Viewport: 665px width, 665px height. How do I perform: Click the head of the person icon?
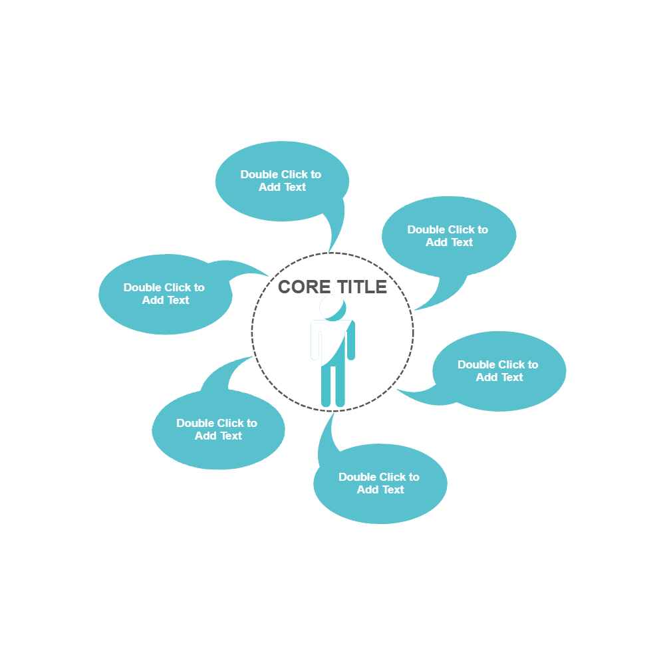tap(332, 308)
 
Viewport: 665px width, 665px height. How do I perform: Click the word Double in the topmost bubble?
tap(259, 174)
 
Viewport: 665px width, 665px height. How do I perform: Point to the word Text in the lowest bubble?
tap(392, 489)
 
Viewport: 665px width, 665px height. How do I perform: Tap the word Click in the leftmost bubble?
tap(177, 287)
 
